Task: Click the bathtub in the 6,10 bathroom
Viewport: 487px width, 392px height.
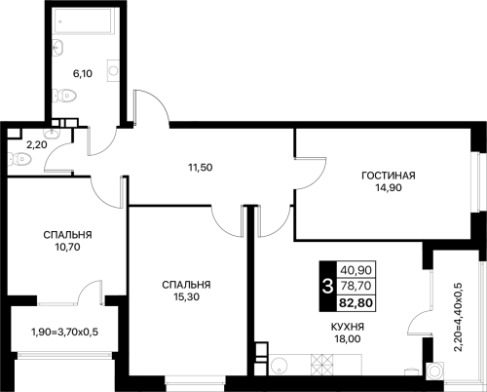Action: click(84, 20)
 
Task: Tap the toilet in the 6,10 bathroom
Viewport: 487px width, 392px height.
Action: click(65, 96)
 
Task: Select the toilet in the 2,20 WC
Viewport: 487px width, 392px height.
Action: click(19, 160)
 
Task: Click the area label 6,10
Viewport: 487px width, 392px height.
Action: click(83, 74)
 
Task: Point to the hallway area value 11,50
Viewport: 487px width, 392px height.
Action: click(201, 168)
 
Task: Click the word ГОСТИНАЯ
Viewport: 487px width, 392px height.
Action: click(389, 176)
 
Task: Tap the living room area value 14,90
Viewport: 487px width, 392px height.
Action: click(389, 187)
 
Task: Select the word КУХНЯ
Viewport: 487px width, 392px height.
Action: click(348, 327)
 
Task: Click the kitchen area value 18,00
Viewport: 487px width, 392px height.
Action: click(348, 339)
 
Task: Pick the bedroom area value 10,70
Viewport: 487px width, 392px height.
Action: click(67, 248)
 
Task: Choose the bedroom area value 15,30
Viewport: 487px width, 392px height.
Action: click(186, 296)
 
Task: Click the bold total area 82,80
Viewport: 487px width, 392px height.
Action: click(356, 303)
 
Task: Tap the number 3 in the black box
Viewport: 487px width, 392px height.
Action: click(327, 287)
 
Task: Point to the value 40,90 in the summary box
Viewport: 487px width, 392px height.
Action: click(356, 270)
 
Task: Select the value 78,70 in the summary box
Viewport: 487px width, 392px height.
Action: click(356, 286)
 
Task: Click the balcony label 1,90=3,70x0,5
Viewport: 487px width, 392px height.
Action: click(64, 333)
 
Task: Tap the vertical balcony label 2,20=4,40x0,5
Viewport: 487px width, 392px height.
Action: click(458, 317)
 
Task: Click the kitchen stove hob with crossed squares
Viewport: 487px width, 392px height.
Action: click(322, 365)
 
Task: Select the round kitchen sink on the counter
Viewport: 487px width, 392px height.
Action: click(279, 366)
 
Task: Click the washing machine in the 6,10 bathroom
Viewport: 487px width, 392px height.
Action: click(113, 70)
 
